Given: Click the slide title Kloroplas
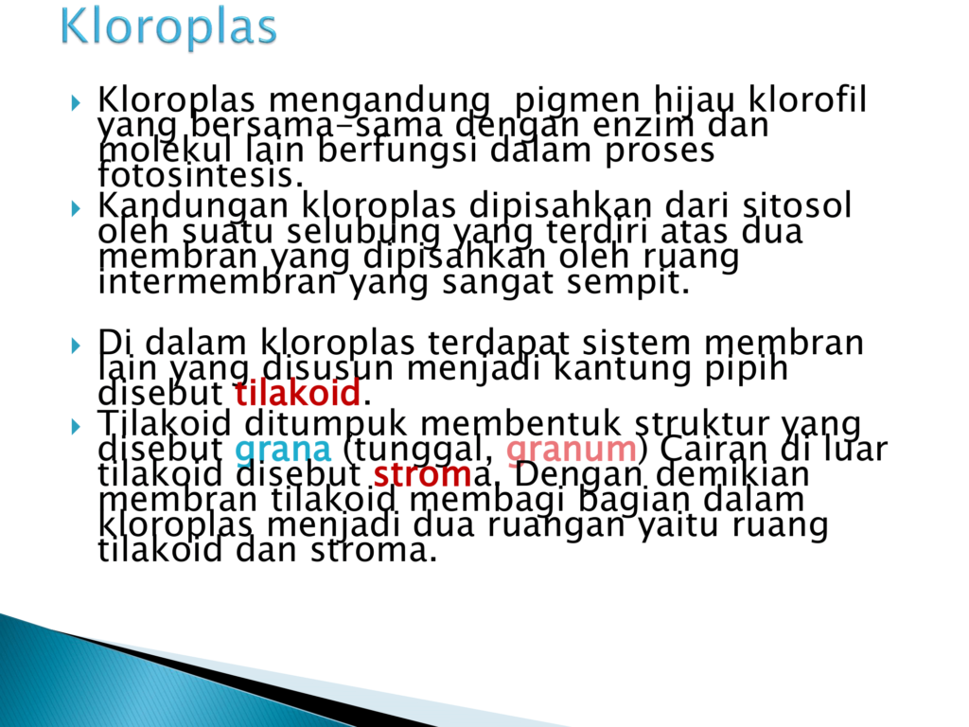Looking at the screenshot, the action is click(x=168, y=27).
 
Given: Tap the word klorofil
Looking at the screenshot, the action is click(x=807, y=98).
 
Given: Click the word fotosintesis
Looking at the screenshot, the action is click(x=201, y=174).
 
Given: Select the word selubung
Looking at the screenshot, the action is click(x=364, y=232).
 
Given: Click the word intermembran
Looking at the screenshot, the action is click(x=217, y=282).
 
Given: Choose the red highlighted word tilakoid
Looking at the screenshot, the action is click(x=298, y=393).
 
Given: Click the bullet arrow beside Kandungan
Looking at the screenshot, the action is click(x=76, y=207).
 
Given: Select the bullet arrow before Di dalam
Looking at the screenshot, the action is click(x=76, y=345).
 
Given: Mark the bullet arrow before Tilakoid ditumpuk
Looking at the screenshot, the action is click(x=76, y=426).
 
